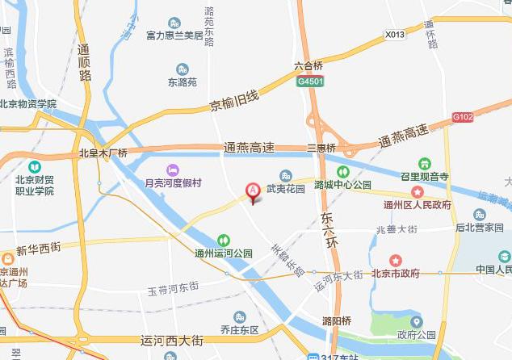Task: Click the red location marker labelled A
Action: pos(253,192)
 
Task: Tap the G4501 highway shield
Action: pos(311,82)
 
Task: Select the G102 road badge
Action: pos(463,117)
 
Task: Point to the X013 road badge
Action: pos(395,35)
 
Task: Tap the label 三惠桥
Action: pos(321,149)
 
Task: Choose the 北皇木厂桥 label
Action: pos(103,153)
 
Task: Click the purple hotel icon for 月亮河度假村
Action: pos(171,170)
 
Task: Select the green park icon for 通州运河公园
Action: pos(224,240)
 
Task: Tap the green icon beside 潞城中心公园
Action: pos(342,171)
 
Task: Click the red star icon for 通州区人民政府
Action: pos(418,192)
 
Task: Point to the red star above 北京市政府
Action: pos(396,260)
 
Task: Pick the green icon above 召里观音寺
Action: pos(425,164)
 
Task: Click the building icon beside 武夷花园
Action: pos(285,176)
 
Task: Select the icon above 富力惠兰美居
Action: pos(175,23)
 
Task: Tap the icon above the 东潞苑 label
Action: pos(182,69)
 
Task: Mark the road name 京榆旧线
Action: pos(233,102)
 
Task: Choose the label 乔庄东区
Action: pos(240,329)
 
